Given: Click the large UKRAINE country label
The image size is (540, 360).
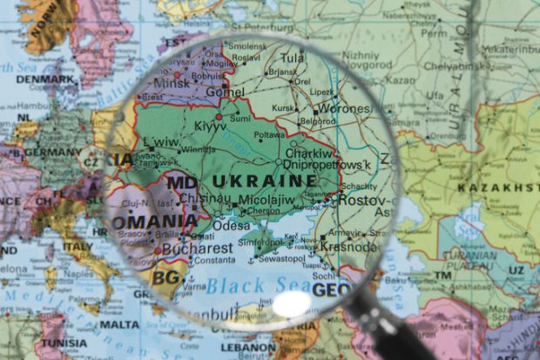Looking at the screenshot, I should [x=265, y=181].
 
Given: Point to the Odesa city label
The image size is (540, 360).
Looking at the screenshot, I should [x=231, y=224].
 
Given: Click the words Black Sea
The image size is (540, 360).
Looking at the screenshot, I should [x=258, y=284].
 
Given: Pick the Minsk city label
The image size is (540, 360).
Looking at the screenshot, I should [x=172, y=85].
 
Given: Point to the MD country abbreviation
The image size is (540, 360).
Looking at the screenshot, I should [x=181, y=183].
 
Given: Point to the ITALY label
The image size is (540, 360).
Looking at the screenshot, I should [x=77, y=247].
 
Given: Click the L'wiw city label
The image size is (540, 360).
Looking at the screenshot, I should [x=161, y=141].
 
